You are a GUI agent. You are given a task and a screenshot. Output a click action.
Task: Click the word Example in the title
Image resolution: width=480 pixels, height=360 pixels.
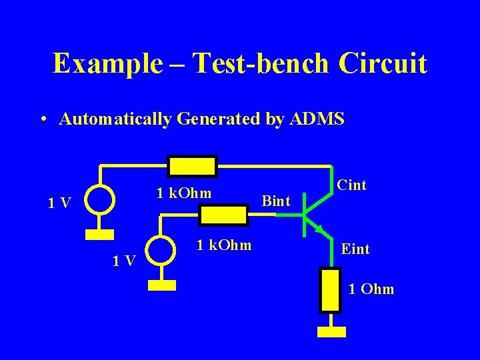107,64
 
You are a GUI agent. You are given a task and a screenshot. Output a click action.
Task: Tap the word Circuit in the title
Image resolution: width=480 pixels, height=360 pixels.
383,64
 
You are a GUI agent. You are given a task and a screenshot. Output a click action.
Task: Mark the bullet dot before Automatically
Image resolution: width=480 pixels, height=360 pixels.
43,120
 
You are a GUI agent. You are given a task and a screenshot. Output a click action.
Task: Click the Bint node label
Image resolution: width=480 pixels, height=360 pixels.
276,200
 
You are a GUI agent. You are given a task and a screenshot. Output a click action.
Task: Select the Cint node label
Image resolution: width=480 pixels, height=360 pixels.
351,185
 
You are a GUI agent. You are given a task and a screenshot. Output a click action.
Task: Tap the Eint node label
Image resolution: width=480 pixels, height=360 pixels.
355,249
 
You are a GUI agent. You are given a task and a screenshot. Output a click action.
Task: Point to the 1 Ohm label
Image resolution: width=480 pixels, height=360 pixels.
372,289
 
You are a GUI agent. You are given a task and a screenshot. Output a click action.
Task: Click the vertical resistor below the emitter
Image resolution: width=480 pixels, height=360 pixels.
330,289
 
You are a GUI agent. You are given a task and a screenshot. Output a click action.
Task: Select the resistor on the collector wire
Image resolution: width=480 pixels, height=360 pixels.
192,166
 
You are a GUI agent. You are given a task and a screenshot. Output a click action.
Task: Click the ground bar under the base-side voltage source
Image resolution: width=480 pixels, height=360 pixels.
162,285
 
